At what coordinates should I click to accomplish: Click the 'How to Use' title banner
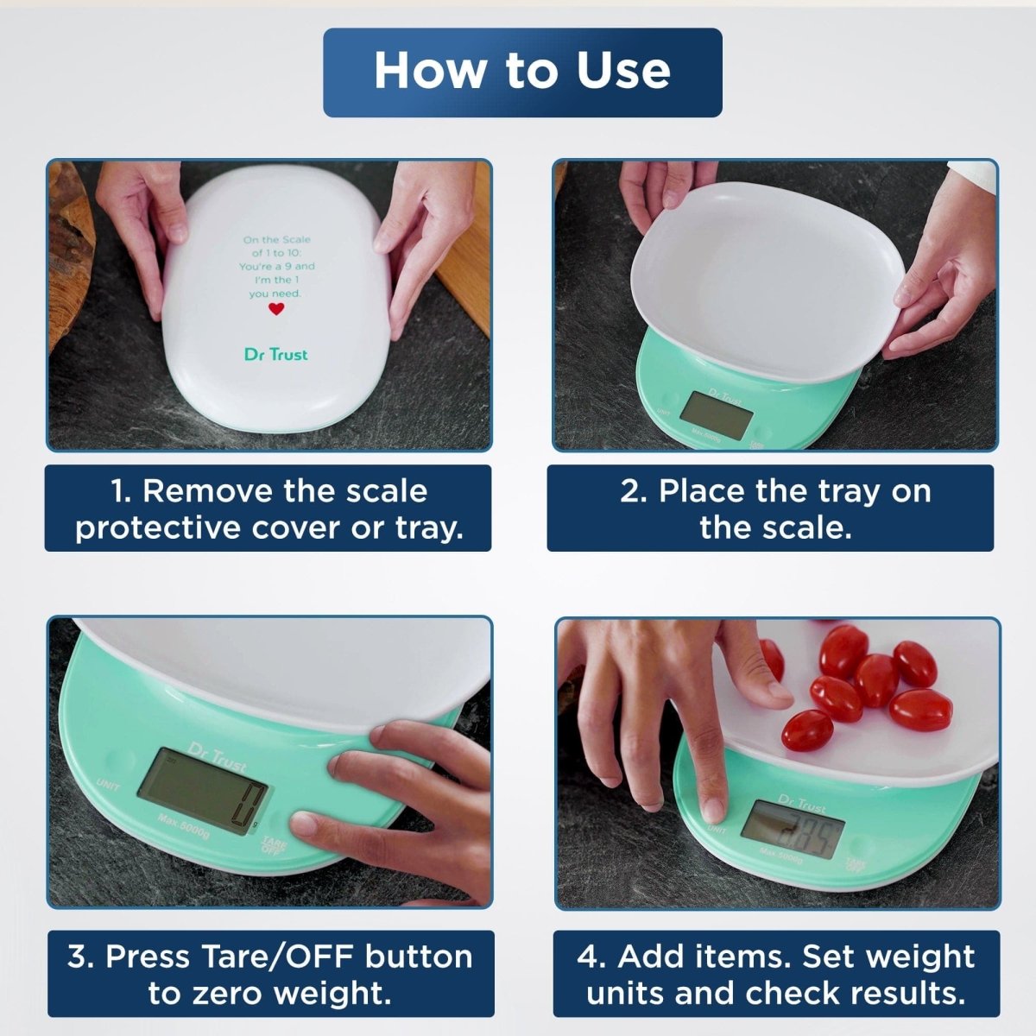522,72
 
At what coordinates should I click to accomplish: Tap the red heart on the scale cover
275,309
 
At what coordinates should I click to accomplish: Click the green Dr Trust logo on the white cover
275,354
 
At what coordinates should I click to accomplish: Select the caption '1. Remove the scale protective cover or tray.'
268,509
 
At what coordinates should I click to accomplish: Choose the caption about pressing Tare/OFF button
270,974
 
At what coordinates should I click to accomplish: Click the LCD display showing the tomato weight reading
793,828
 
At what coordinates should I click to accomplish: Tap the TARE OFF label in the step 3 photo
275,844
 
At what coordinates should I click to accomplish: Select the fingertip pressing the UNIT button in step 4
712,810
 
